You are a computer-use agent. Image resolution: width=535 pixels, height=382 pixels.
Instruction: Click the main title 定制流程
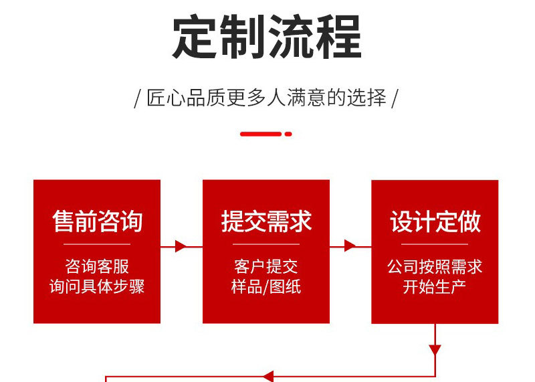[267, 37]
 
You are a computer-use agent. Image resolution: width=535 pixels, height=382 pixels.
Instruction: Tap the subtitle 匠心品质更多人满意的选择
[267, 98]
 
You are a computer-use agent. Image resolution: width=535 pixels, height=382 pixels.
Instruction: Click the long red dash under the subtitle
[261, 134]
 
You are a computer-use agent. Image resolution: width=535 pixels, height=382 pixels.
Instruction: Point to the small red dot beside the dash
[288, 134]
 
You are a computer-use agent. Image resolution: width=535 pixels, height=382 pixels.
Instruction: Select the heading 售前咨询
[97, 221]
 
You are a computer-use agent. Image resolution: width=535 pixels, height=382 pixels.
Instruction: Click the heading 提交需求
[266, 221]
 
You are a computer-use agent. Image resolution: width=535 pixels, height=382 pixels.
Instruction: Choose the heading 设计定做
[435, 221]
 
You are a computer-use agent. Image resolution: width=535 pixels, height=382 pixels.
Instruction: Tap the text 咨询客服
[97, 267]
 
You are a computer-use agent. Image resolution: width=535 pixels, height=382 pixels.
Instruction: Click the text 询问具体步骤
[97, 287]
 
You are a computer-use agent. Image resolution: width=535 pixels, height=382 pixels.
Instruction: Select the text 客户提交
[266, 267]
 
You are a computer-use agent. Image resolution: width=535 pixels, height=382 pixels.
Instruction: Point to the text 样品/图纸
[266, 287]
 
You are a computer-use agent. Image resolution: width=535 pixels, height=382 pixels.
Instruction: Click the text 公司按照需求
[435, 267]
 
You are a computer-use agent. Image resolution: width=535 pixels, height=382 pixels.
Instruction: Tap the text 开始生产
[435, 287]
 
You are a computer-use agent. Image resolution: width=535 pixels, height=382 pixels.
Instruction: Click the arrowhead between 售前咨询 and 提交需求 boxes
[181, 246]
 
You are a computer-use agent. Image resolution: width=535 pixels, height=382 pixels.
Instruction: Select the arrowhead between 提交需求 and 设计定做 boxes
[350, 246]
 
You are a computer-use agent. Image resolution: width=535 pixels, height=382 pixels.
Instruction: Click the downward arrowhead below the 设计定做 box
[435, 350]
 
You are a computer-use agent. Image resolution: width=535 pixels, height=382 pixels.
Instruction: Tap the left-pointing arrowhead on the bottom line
[267, 376]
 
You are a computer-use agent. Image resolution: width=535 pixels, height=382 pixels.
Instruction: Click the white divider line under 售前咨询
[97, 245]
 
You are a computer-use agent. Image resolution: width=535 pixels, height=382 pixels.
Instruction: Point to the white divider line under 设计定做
[435, 245]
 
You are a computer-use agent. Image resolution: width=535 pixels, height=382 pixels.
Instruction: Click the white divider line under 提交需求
[266, 245]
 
